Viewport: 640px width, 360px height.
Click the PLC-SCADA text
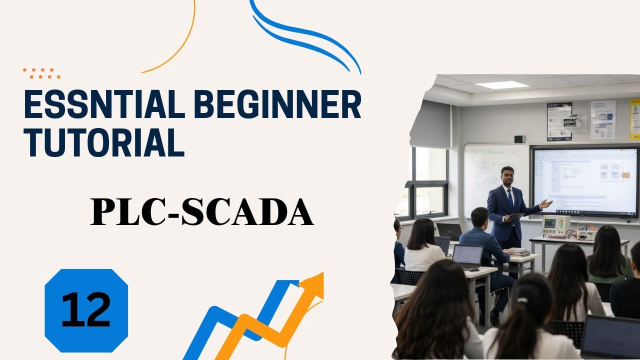pyautogui.click(x=202, y=212)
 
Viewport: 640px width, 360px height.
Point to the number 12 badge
pyautogui.click(x=86, y=310)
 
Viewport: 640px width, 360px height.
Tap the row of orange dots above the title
pyautogui.click(x=41, y=73)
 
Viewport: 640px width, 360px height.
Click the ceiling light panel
pyautogui.click(x=502, y=85)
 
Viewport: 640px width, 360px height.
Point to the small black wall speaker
pyautogui.click(x=519, y=139)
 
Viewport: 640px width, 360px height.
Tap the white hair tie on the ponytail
pyautogui.click(x=522, y=301)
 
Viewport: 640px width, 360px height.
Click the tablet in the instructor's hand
pyautogui.click(x=516, y=215)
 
